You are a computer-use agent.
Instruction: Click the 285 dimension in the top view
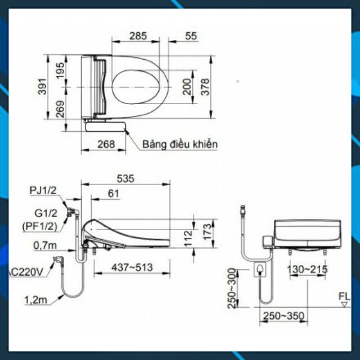(x=138, y=36)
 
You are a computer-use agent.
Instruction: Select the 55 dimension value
(x=191, y=36)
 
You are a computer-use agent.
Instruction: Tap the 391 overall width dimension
(x=43, y=87)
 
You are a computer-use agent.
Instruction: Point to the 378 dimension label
(x=205, y=87)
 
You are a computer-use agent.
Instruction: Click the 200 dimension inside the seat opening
(x=187, y=87)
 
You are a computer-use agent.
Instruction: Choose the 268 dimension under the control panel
(x=106, y=144)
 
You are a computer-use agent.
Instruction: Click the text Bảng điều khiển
(x=180, y=145)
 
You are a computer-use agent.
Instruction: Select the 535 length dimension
(x=125, y=179)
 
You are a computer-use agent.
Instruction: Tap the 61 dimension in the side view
(x=114, y=193)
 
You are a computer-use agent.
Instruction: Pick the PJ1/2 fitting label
(x=43, y=190)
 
